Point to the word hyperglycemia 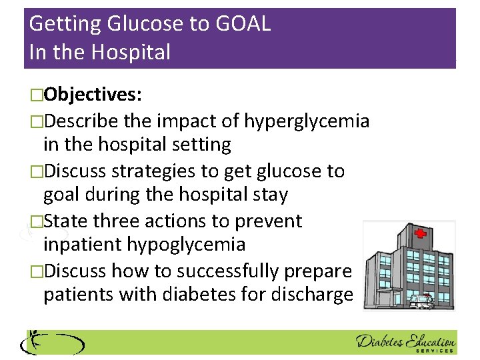pyautogui.click(x=307, y=121)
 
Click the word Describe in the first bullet pyautogui.click(x=79, y=121)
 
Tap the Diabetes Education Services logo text pyautogui.click(x=405, y=341)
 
